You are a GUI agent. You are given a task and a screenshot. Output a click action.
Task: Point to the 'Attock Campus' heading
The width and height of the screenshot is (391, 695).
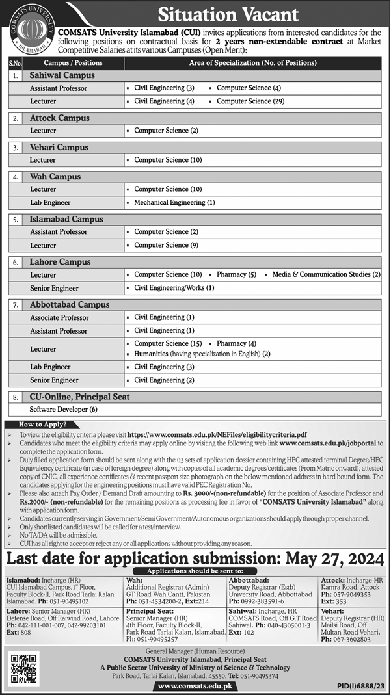[60, 118]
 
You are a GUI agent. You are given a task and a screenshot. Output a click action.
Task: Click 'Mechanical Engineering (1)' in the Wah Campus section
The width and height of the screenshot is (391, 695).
[174, 203]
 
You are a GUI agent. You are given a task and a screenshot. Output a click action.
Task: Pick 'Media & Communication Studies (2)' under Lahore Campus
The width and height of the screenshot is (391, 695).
[326, 275]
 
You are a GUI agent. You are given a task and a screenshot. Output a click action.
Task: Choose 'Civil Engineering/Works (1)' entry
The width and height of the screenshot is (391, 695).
[174, 288]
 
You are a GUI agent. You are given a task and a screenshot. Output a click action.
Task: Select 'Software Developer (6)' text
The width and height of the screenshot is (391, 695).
[63, 410]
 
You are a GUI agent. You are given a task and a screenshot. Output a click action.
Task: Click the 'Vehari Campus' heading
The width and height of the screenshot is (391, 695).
[59, 148]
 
